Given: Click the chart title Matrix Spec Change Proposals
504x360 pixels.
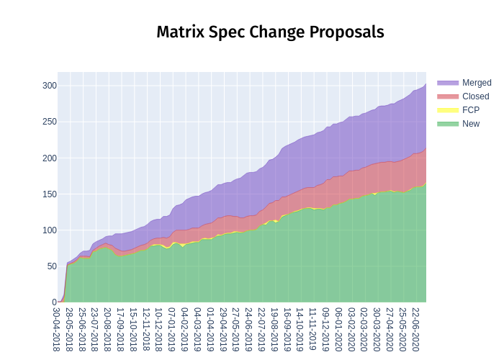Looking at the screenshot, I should coord(270,32).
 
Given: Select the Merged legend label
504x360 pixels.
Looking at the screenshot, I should coord(477,83).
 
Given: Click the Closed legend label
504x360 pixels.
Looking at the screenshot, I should coord(475,96).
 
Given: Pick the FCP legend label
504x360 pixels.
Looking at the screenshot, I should coord(471,110).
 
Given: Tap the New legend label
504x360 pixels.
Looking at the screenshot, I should coord(471,124).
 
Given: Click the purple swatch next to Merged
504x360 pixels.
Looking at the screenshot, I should coord(447,83).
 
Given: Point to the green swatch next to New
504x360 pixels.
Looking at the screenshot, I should coord(447,124).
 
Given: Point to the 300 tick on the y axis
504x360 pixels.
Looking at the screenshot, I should coord(49,86).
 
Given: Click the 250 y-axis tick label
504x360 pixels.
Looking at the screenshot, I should coord(49,122).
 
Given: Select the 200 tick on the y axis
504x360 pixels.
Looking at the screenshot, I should coord(49,158).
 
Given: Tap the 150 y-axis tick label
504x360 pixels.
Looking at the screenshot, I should coord(49,194).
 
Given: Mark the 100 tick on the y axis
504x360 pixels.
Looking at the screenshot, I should coord(49,230).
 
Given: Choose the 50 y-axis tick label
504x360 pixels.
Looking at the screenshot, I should coord(51,266).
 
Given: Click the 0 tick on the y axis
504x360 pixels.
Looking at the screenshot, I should coord(53,302).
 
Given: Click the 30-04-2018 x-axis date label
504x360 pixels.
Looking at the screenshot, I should coord(57,329).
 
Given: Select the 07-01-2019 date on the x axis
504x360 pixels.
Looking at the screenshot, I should coord(172,329).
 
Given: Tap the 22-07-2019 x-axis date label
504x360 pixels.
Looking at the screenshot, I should coord(262,329).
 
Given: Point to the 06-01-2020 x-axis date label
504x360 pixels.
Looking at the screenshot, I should coord(338,329).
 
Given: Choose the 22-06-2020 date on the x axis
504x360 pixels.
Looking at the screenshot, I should coord(415,329).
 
